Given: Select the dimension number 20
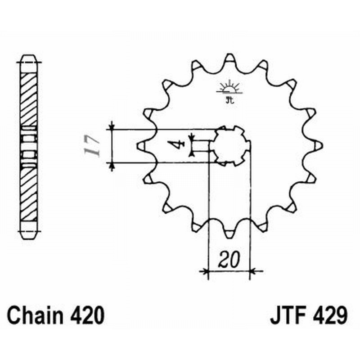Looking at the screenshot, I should click(x=229, y=260).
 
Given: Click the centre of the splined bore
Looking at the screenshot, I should click(x=230, y=145).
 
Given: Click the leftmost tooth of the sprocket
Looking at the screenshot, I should click(x=140, y=145).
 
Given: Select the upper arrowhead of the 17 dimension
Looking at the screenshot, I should click(x=112, y=126).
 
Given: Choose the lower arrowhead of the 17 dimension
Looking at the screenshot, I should click(x=112, y=166).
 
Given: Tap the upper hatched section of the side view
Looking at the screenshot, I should click(x=28, y=99).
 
